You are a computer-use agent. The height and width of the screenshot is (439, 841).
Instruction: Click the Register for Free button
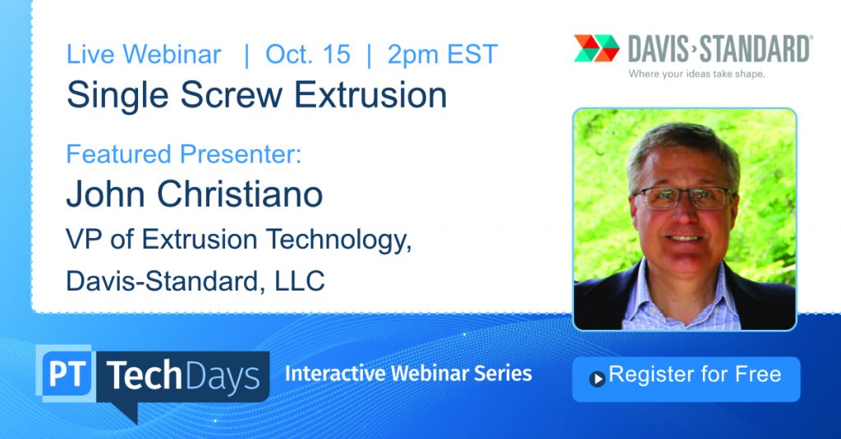coord(686,379)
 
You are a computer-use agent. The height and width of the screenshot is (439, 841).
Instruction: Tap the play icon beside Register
coord(597,379)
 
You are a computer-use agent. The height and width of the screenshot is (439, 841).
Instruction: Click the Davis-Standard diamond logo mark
coord(596,48)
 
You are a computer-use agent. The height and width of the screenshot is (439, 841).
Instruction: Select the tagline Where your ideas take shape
coord(696,74)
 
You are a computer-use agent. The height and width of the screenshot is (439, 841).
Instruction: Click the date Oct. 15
coord(308,54)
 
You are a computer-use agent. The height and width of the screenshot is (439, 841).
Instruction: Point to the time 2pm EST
coord(443,54)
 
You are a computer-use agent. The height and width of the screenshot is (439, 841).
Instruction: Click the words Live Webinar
coord(144,54)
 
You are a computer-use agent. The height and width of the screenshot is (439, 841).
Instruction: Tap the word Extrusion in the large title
coord(370,95)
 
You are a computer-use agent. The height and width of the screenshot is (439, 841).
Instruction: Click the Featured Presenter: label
coord(184,153)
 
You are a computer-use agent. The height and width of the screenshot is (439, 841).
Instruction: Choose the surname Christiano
coord(240,194)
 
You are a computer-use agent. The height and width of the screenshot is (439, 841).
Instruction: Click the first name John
coord(106,194)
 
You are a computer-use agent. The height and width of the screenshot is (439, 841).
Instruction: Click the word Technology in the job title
coord(339,240)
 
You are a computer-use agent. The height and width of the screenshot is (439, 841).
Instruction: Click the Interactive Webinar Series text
coord(408,373)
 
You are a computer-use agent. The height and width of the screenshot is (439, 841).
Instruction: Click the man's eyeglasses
coord(682,198)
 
